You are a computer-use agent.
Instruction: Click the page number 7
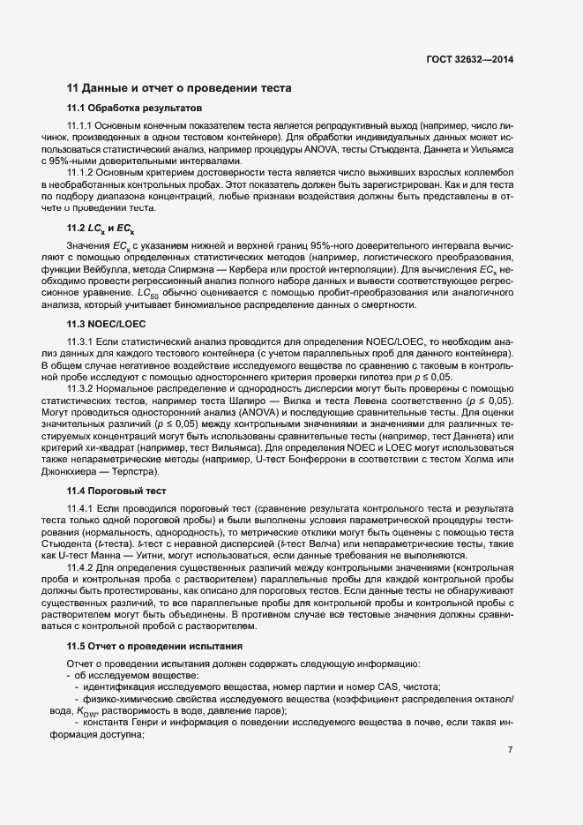pos(511,749)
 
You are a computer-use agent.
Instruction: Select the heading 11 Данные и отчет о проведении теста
pos(186,88)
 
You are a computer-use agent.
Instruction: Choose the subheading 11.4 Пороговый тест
pos(116,489)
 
